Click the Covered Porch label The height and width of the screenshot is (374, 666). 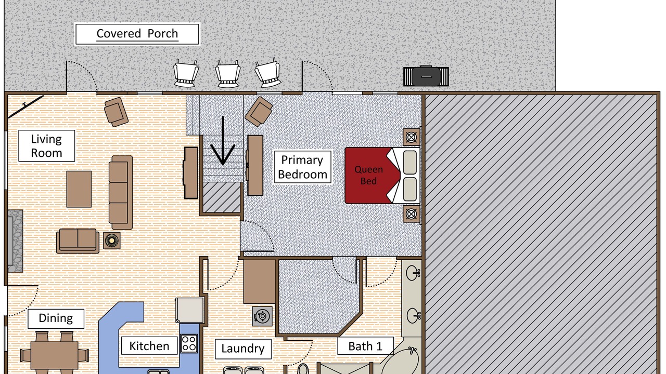[x=137, y=34]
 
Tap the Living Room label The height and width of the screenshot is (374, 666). [x=47, y=146]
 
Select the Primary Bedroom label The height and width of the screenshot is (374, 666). [x=302, y=167]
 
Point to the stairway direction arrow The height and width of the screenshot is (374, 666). [x=223, y=141]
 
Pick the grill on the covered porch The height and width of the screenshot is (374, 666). [x=426, y=76]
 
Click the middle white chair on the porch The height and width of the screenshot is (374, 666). [x=228, y=74]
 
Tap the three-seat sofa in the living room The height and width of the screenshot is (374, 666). [x=120, y=193]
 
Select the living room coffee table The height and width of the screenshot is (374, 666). [x=79, y=189]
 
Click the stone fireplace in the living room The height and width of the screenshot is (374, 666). [x=15, y=241]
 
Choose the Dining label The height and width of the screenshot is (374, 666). [x=56, y=318]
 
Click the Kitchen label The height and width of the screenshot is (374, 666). [x=149, y=346]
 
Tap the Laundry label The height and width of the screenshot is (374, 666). [x=243, y=349]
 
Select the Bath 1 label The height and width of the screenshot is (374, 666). [x=365, y=346]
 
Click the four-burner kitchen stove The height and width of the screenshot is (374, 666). [x=189, y=343]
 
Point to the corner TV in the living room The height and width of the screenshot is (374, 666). [x=25, y=105]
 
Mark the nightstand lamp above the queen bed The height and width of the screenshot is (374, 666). [x=411, y=137]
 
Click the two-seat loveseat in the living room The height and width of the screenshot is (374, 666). [x=78, y=241]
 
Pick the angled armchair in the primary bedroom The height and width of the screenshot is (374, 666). [x=259, y=112]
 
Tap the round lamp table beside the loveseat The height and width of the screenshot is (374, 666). [x=112, y=241]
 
